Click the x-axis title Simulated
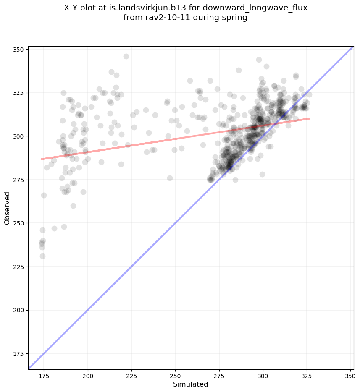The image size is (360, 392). click(190, 384)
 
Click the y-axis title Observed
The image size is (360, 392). click(7, 208)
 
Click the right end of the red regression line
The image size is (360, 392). click(309, 118)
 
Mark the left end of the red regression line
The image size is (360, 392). click(41, 159)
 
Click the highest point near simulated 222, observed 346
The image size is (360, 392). click(126, 56)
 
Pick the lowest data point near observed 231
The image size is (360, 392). click(42, 256)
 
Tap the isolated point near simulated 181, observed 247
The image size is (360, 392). click(54, 228)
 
